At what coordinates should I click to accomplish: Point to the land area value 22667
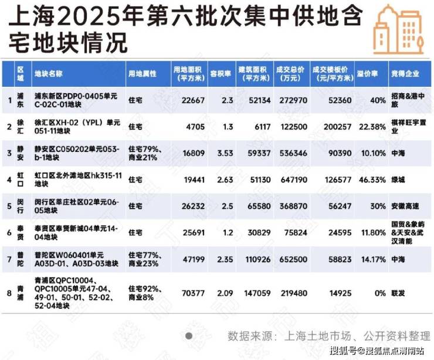pyautogui.click(x=185, y=100)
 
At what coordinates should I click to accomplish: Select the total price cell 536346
pyautogui.click(x=291, y=152)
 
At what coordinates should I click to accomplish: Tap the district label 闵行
pyautogui.click(x=21, y=206)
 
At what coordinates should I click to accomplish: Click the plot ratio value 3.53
pyautogui.click(x=216, y=152)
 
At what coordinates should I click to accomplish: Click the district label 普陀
pyautogui.click(x=21, y=259)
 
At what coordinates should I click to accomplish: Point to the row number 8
pyautogui.click(x=9, y=292)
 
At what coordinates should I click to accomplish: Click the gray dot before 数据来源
pyautogui.click(x=189, y=336)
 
